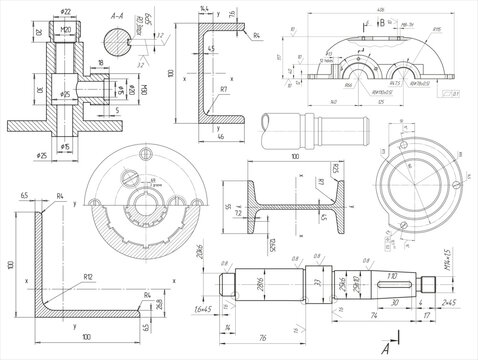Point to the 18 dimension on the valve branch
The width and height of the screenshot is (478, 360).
tap(101, 62)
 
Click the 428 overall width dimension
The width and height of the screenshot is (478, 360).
tap(352, 9)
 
